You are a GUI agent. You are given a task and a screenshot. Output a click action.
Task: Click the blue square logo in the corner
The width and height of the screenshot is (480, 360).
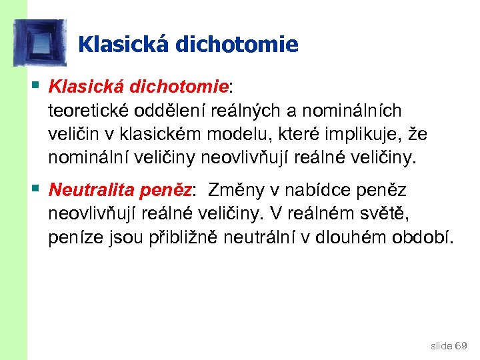[40, 42]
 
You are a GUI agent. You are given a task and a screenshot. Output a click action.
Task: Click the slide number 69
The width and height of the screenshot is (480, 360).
[461, 345]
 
